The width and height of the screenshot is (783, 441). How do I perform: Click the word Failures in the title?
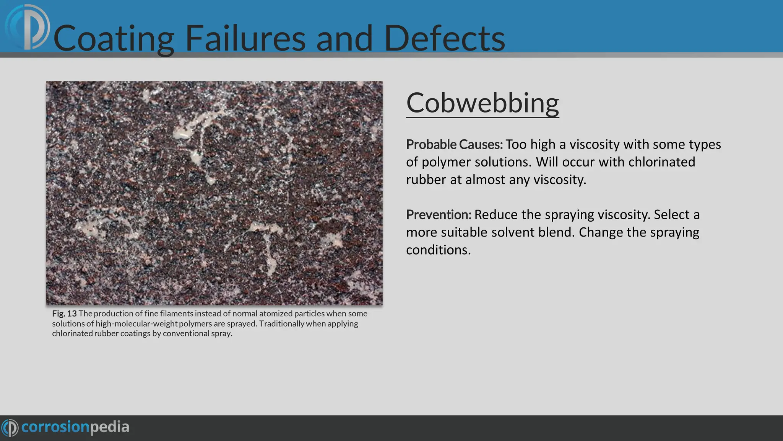(x=245, y=38)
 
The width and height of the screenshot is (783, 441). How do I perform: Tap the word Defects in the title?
(x=444, y=38)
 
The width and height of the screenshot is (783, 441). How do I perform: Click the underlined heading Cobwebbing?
(x=482, y=103)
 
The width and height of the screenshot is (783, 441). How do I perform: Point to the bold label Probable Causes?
(x=454, y=144)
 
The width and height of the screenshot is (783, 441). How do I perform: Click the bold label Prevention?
(x=439, y=215)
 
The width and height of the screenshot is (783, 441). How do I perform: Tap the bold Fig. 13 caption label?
(x=64, y=314)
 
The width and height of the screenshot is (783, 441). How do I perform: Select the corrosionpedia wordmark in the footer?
(x=75, y=427)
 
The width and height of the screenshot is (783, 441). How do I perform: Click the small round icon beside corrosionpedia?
(x=10, y=427)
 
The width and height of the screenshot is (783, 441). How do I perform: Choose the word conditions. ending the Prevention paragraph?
(x=438, y=250)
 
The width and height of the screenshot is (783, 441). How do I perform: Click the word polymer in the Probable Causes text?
(x=446, y=162)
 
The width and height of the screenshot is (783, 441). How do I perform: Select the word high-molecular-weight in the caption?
(x=136, y=323)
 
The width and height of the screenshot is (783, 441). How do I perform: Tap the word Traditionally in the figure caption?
(x=281, y=323)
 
